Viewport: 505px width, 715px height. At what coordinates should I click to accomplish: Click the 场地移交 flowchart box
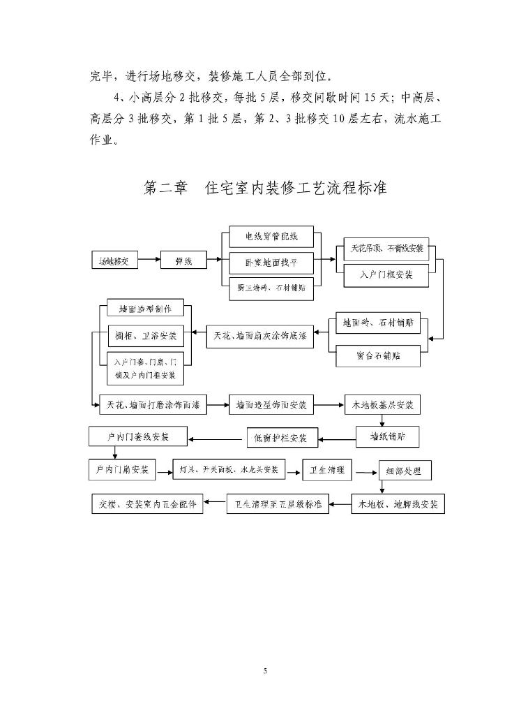coord(114,262)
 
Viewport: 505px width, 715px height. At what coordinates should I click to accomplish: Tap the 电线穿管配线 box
coord(271,237)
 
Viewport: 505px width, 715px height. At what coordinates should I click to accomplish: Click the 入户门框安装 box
coord(386,275)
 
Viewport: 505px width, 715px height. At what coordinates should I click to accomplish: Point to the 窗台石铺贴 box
coord(378,356)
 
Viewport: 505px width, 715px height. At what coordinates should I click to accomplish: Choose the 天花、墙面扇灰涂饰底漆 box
coord(261,337)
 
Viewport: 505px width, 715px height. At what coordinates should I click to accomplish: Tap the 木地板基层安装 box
coord(383,405)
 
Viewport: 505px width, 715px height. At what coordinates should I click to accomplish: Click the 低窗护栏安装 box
coord(282,438)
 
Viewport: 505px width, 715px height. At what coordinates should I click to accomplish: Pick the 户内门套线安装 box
coord(138,437)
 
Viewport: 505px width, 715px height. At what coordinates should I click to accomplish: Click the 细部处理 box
coord(405,471)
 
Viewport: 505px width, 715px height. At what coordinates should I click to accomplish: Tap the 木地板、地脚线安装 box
coord(398,504)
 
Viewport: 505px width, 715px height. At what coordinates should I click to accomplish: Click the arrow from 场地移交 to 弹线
coord(149,262)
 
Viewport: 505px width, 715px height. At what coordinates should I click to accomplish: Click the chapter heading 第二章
coord(165,188)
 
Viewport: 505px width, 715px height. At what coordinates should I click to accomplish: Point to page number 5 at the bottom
coord(265,671)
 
